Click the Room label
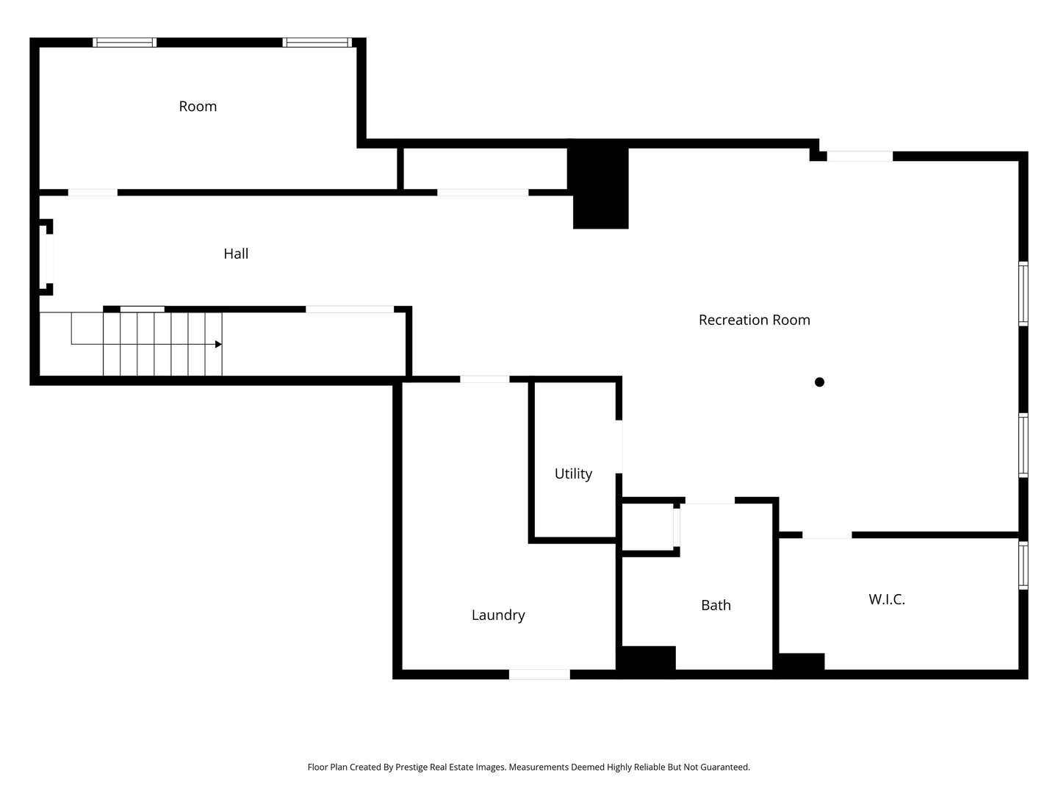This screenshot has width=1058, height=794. click(x=198, y=106)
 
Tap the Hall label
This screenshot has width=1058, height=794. click(x=236, y=254)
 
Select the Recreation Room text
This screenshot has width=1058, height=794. click(x=754, y=320)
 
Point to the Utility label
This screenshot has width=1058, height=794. click(x=573, y=474)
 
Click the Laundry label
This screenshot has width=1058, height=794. click(x=498, y=615)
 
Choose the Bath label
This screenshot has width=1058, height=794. click(x=716, y=605)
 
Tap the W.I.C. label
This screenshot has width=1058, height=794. click(x=886, y=599)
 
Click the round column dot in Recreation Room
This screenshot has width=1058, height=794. click(x=819, y=382)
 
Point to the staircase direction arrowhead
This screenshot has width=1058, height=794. click(x=218, y=344)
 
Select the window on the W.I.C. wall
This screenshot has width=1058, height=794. click(x=1023, y=565)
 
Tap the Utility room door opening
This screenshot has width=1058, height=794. click(x=619, y=446)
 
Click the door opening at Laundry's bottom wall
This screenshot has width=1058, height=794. click(x=539, y=674)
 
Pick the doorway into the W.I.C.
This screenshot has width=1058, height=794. click(x=827, y=535)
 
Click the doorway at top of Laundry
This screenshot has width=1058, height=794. click(x=484, y=379)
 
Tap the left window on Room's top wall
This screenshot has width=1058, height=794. click(x=124, y=43)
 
